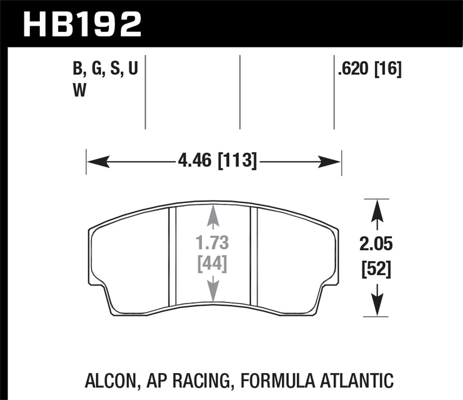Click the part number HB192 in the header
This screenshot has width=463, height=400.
coord(82,24)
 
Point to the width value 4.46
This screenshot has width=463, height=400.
coord(194,160)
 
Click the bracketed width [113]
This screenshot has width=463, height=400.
coord(236,160)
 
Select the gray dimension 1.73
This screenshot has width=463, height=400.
coord(212,243)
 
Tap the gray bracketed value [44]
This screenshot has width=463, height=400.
coord(212,263)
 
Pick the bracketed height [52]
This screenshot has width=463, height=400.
coord(376,270)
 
